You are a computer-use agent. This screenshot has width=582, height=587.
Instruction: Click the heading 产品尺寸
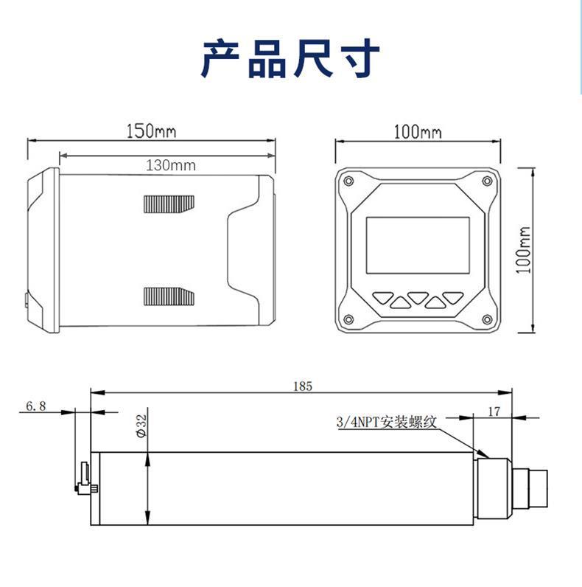coord(291,60)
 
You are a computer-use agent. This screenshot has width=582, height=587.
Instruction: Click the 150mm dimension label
coord(151,131)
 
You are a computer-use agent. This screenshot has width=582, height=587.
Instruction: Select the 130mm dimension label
coord(170,165)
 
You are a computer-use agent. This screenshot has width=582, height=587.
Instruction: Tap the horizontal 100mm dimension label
coord(417,132)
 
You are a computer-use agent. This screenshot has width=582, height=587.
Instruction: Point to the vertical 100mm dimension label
coord(524,250)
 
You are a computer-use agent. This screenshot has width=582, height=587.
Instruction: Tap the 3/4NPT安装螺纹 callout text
coord(387,423)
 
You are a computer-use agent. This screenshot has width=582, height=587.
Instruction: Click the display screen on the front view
coord(418,249)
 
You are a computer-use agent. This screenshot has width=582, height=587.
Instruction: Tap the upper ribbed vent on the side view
coord(169,204)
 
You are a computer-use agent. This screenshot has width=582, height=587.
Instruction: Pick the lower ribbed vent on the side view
coord(169,296)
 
